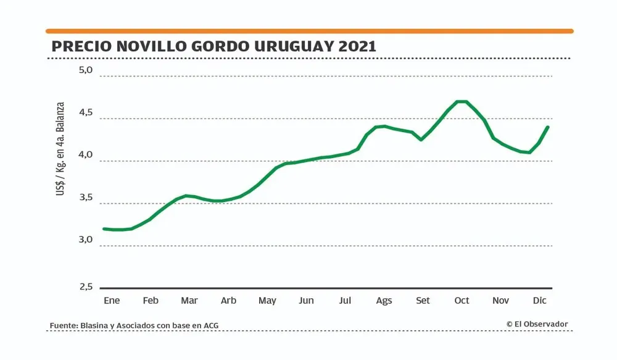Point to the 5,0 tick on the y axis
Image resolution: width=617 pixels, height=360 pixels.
click(85, 70)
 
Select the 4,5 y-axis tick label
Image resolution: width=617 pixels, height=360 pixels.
click(85, 113)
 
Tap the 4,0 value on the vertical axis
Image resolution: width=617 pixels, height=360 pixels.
click(85, 155)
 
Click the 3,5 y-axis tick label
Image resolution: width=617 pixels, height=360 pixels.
click(85, 198)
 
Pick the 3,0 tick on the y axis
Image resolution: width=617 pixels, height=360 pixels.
click(85, 240)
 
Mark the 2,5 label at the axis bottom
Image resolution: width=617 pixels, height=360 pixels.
click(85, 287)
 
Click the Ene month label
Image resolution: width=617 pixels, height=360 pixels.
click(112, 301)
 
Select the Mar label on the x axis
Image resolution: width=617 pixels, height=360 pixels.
click(189, 301)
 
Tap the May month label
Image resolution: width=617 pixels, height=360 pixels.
click(267, 301)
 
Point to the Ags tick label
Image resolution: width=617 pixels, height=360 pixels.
click(384, 301)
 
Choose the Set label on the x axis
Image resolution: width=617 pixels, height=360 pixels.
click(423, 301)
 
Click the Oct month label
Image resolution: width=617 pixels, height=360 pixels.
click(462, 301)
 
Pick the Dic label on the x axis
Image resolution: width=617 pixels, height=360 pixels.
click(540, 301)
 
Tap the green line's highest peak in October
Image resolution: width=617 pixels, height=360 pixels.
click(462, 101)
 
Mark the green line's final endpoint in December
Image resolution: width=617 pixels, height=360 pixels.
click(547, 127)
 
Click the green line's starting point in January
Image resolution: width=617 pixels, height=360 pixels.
click(104, 229)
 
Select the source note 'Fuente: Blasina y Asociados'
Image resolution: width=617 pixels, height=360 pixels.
click(134, 325)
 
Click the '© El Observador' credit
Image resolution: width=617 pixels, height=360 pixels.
click(537, 324)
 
